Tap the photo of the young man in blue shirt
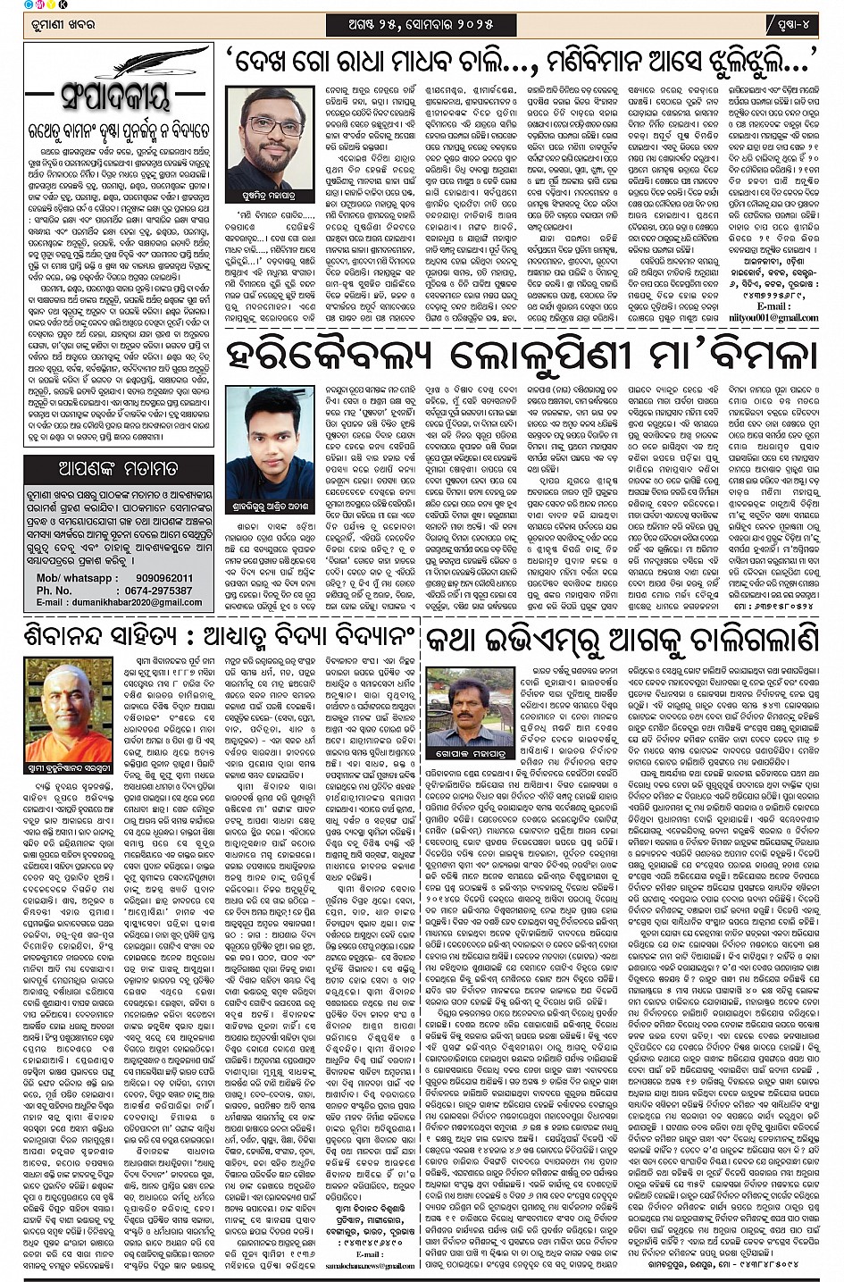coord(269,437)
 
